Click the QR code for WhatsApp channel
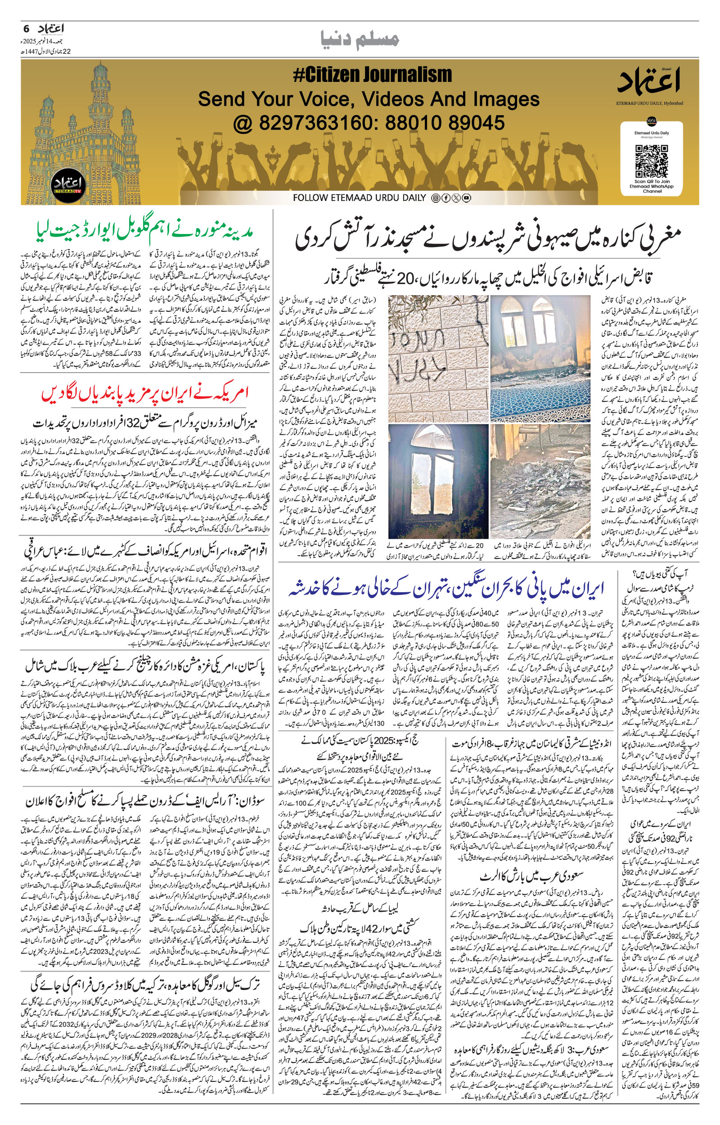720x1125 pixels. tap(651, 160)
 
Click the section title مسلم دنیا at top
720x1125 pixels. tap(360, 40)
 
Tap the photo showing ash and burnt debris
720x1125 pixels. tap(540, 481)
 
